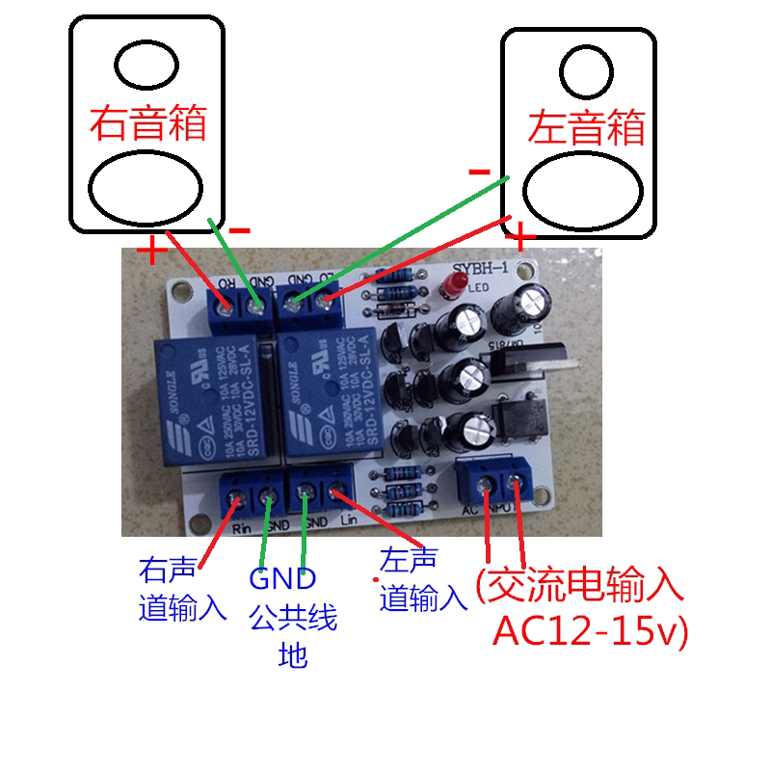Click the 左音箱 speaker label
pyautogui.click(x=586, y=126)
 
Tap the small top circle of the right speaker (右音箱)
pyautogui.click(x=146, y=64)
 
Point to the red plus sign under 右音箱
pyautogui.click(x=150, y=251)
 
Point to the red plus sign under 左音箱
pyautogui.click(x=520, y=236)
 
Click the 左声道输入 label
pyautogui.click(x=422, y=579)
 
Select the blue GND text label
pyautogui.click(x=282, y=579)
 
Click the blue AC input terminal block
pyautogui.click(x=497, y=480)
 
